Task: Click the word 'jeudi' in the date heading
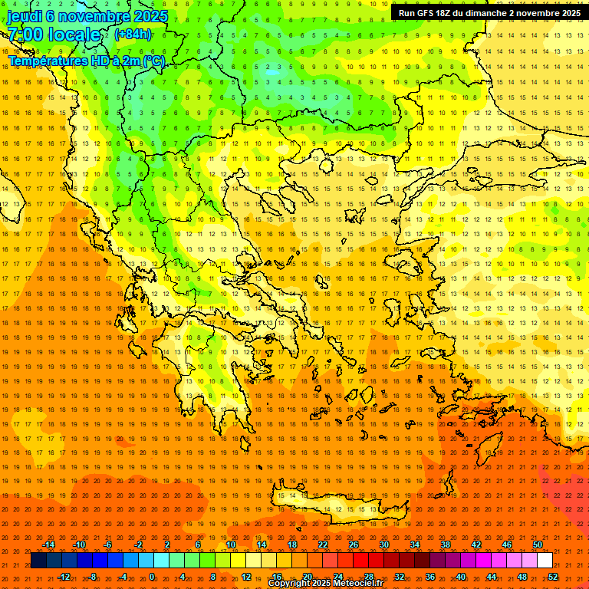coord(25,16)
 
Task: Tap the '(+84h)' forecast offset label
coord(133,35)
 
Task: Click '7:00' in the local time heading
coord(25,35)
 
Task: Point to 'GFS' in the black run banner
coord(428,13)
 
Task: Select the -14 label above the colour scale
coord(48,545)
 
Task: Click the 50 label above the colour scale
coord(538,545)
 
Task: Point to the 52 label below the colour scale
coord(553,577)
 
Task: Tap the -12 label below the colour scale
coord(64,577)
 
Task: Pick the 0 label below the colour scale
coord(152,577)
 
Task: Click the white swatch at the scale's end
coord(545,561)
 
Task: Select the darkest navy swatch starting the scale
coord(38,561)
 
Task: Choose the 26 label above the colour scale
coord(354,545)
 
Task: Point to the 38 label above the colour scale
coord(446,545)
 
